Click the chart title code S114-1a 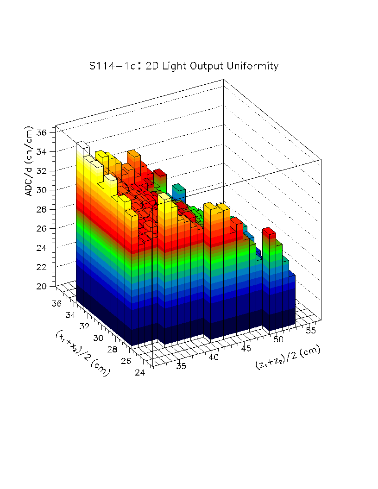pyautogui.click(x=113, y=66)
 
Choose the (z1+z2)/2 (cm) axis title pyautogui.click(x=287, y=357)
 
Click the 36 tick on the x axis pyautogui.click(x=57, y=304)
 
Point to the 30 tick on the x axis pyautogui.click(x=98, y=338)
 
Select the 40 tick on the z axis pyautogui.click(x=214, y=357)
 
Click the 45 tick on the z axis pyautogui.click(x=246, y=348)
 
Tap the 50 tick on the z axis pyautogui.click(x=278, y=339)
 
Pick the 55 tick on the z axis pyautogui.click(x=310, y=330)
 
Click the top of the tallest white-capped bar pyautogui.click(x=82, y=144)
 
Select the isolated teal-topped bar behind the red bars pyautogui.click(x=178, y=188)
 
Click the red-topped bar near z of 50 pyautogui.click(x=269, y=231)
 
